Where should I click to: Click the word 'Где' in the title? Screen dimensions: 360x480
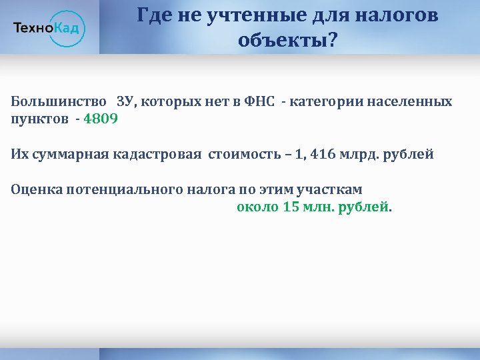(x=152, y=15)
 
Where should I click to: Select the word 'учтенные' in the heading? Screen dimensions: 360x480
(x=244, y=15)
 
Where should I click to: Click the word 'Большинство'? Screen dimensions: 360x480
(x=59, y=103)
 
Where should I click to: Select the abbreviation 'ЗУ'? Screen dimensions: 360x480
(x=125, y=103)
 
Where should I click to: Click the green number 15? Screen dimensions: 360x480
(x=291, y=207)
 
